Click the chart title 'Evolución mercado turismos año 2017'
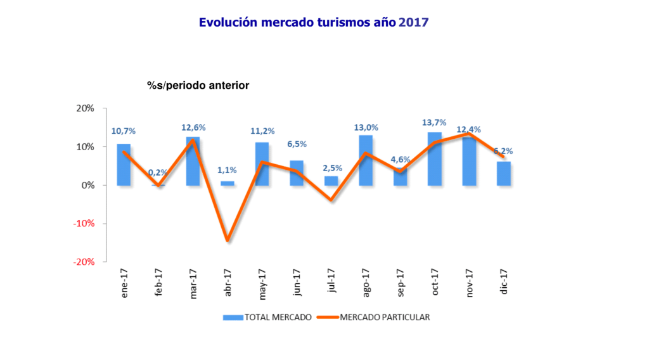[x=314, y=22]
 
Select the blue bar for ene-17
[x=124, y=165]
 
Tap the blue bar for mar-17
[x=193, y=161]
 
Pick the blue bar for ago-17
[x=366, y=160]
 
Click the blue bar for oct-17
[x=435, y=159]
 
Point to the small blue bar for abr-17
[x=227, y=183]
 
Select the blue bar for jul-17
[x=331, y=181]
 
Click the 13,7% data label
[x=435, y=122]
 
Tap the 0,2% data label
[x=158, y=172]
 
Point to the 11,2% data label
[x=262, y=131]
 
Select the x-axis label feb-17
[x=159, y=283]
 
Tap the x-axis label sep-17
[x=401, y=283]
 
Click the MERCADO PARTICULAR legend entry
[x=374, y=317]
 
